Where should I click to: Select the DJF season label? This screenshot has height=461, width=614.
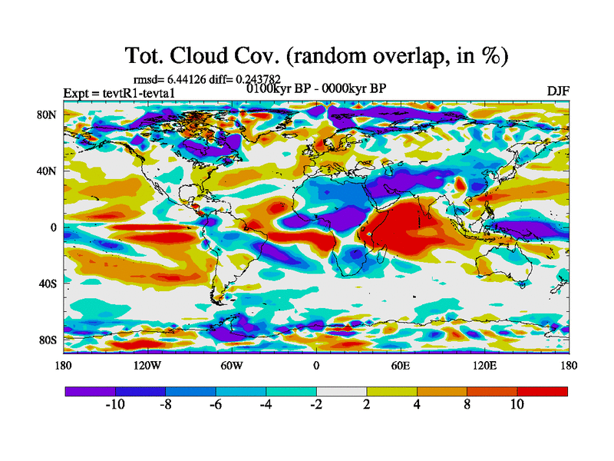click(558, 91)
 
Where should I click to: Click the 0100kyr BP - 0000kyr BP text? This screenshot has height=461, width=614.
click(316, 88)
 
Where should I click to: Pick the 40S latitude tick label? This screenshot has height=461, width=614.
click(48, 284)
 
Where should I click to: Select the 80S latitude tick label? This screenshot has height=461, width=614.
click(48, 340)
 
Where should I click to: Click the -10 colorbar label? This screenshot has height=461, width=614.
click(115, 405)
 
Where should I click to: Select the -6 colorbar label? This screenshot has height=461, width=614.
click(216, 405)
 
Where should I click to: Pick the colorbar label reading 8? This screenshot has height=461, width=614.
click(467, 405)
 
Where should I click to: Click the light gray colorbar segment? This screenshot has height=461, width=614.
click(342, 391)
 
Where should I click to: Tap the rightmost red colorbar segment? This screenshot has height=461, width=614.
click(542, 391)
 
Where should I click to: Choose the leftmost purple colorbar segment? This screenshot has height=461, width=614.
click(91, 391)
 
